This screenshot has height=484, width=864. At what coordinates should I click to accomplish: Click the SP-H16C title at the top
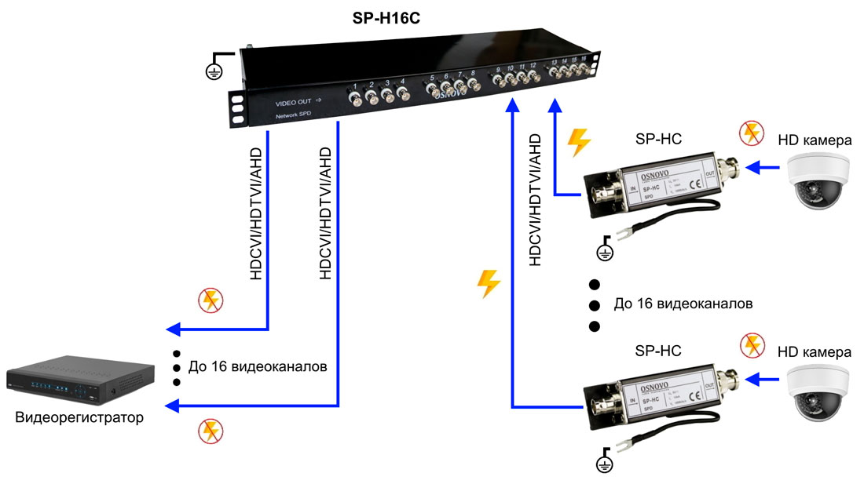(x=386, y=17)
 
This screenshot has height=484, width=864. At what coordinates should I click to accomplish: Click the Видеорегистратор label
(x=79, y=417)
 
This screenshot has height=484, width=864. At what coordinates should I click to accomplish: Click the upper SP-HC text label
(x=657, y=140)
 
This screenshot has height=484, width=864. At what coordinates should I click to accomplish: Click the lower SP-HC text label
(x=657, y=351)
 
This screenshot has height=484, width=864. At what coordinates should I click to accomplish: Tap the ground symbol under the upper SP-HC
(x=604, y=251)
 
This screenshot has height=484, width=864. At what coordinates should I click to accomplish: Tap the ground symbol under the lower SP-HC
(x=605, y=463)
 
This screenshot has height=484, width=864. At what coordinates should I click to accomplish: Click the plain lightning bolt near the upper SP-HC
(x=579, y=143)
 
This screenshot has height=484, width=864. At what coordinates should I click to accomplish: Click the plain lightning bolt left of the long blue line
(x=489, y=283)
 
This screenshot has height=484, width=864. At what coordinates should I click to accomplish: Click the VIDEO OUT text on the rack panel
(x=294, y=103)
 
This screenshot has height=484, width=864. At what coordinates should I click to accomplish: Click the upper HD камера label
(x=815, y=140)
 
